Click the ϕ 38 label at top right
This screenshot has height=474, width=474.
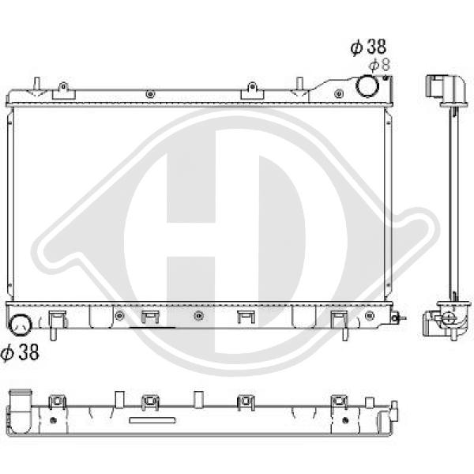[x=368, y=47]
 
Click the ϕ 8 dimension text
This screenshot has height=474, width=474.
[x=380, y=65]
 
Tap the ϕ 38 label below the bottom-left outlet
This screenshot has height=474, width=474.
[x=20, y=352]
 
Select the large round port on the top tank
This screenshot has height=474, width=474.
[x=367, y=86]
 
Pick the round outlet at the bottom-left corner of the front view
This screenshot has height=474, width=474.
[x=20, y=325]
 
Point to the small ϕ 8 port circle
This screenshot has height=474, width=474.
[x=386, y=77]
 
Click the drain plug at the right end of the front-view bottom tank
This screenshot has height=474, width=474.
[x=397, y=318]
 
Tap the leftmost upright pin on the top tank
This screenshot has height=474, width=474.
[x=37, y=84]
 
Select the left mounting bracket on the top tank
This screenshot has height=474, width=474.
[x=63, y=91]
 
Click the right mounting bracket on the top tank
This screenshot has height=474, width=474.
[x=252, y=91]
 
